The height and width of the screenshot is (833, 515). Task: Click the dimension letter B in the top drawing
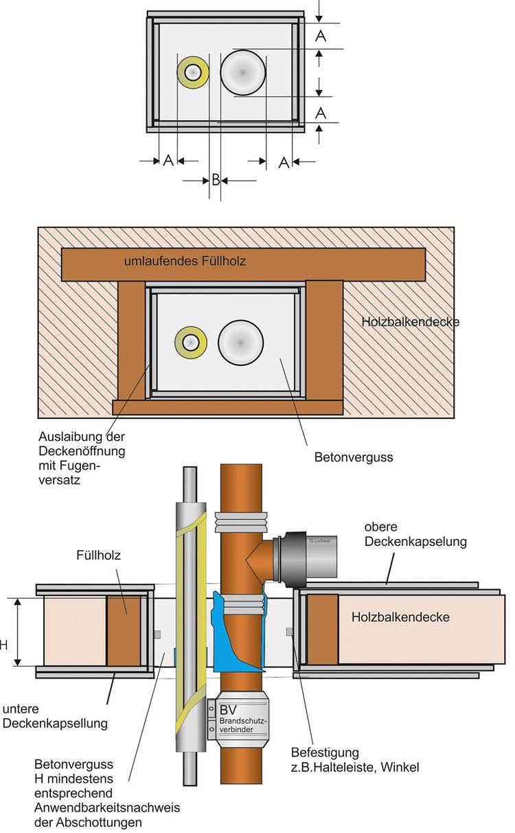215,181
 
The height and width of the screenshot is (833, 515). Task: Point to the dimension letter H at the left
3,645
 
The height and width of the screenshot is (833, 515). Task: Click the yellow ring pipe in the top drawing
193,72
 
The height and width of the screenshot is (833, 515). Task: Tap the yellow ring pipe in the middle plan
190,341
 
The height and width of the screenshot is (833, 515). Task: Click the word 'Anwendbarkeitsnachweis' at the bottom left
102,807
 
